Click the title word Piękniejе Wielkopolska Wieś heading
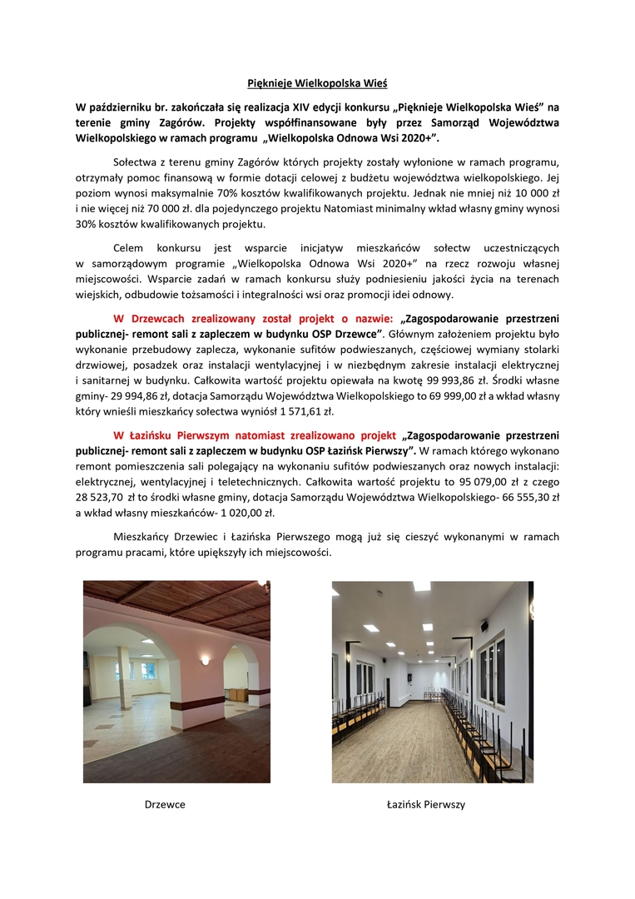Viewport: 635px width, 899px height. (317, 82)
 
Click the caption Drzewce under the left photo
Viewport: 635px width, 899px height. (165, 805)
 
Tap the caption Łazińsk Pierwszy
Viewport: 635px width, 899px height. (425, 805)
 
